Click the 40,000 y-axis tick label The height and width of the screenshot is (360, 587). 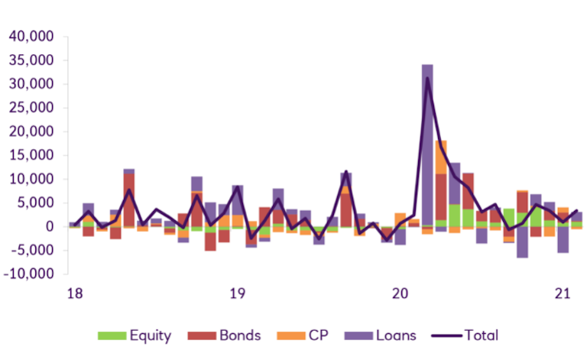(x=29, y=36)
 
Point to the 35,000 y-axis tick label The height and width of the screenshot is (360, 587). (x=29, y=60)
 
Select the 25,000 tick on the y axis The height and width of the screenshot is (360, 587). (x=29, y=108)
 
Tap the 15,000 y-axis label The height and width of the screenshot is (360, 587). (x=29, y=155)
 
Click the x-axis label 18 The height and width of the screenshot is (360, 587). (x=74, y=293)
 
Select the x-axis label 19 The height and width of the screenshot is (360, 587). (x=237, y=293)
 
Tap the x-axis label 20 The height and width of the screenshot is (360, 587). (x=400, y=293)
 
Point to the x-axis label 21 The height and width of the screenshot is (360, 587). (x=563, y=293)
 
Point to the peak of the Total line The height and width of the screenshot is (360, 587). (x=427, y=77)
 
